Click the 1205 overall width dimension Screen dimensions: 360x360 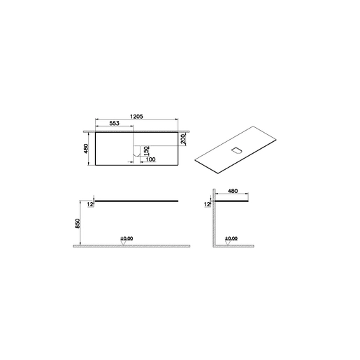coord(136,116)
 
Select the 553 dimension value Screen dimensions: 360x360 coord(115,123)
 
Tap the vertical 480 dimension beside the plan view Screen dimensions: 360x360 coord(86,148)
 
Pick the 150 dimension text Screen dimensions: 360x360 coord(146,151)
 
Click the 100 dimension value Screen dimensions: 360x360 coord(150,159)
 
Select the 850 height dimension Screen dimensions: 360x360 coord(78,223)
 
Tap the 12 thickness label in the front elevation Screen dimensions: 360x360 coord(90,204)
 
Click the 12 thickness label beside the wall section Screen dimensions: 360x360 coord(207,204)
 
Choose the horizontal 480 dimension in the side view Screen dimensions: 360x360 coord(233,191)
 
